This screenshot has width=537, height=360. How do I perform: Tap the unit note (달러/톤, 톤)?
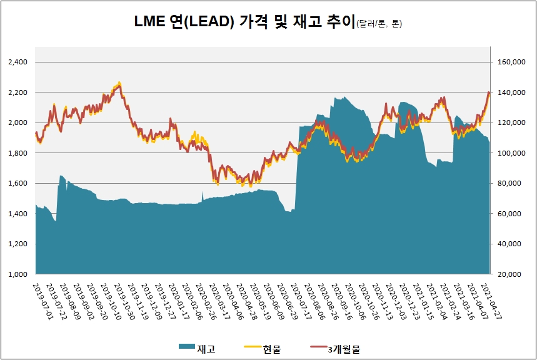point(379,24)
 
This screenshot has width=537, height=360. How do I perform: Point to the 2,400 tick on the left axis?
point(18,62)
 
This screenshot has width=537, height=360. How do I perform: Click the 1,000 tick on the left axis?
point(18,274)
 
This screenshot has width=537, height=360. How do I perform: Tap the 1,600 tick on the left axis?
point(18,184)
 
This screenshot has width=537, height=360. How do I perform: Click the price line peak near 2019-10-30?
point(119,84)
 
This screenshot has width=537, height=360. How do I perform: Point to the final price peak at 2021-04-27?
point(489,92)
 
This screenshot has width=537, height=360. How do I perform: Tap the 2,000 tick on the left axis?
point(18,122)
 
